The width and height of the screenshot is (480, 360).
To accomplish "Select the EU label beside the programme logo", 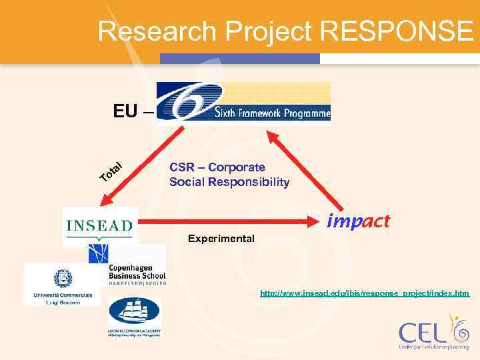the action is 126,111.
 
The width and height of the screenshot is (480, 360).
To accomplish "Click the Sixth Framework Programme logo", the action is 243,103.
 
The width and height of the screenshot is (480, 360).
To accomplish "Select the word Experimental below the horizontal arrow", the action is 221,238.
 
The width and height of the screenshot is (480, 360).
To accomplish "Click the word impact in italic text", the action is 359,221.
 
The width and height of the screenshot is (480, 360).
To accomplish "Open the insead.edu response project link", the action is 365,293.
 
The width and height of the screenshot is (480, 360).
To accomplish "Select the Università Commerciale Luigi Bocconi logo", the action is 61,285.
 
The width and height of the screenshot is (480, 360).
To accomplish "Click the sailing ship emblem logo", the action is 134,317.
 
